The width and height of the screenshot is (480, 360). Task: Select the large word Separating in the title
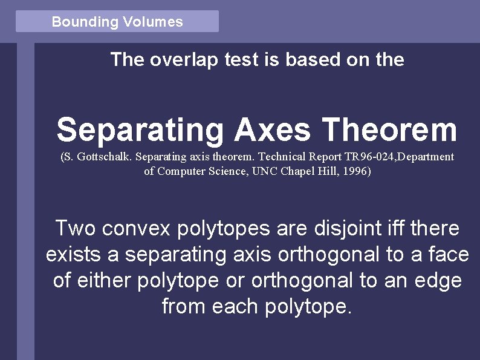point(140,130)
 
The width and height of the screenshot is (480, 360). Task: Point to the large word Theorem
point(389,130)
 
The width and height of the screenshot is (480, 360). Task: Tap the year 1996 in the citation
point(353,171)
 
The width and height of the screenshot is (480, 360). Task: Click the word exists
point(74,255)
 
